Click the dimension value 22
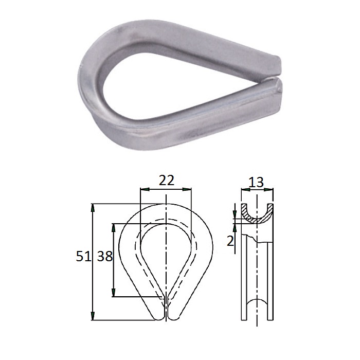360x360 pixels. (x=167, y=181)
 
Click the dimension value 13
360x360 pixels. (x=256, y=183)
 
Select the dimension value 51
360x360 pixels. (x=83, y=256)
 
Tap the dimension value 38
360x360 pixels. (x=105, y=256)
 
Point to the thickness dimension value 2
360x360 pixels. (x=230, y=241)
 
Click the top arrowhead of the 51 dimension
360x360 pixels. (x=93, y=208)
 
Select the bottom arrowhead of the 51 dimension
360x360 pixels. (x=93, y=316)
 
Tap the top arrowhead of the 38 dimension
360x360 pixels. (x=114, y=227)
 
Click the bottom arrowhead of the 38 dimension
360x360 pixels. (x=114, y=293)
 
